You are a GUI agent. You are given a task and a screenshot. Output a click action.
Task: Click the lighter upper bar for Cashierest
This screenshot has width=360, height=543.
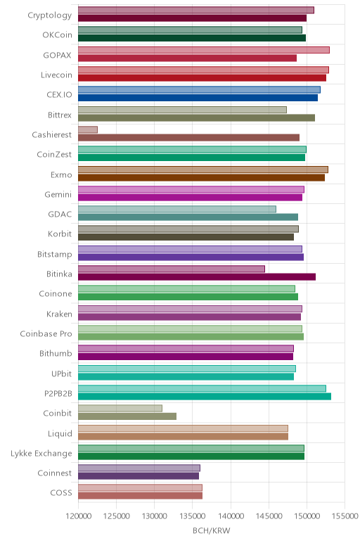88,129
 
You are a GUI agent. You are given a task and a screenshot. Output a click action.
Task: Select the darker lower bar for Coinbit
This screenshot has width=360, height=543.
127,416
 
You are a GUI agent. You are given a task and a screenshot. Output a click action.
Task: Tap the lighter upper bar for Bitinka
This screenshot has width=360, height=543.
172,269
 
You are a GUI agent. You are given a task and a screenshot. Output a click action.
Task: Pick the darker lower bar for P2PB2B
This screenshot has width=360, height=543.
205,397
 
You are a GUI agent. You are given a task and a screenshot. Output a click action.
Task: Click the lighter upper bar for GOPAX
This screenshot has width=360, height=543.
204,50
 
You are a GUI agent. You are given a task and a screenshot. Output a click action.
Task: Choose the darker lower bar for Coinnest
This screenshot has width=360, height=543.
139,476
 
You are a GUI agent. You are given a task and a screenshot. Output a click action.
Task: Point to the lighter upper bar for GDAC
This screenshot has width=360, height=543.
177,209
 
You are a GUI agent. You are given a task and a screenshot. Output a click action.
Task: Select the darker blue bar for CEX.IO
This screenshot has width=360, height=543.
198,98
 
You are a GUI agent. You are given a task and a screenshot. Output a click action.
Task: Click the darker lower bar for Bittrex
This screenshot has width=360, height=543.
197,117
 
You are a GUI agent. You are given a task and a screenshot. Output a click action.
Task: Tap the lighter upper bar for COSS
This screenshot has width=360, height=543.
140,488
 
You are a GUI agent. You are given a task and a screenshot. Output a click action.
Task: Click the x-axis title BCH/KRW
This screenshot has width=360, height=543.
211,530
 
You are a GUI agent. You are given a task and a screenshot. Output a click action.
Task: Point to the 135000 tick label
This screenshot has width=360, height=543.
193,516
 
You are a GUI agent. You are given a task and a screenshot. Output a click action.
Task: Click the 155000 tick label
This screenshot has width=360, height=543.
345,516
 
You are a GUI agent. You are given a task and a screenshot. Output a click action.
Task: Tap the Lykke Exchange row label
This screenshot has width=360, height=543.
41,453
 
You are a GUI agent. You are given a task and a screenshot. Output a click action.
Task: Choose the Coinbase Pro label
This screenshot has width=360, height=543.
46,334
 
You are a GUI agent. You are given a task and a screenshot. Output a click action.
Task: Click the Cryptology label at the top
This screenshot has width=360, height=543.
50,15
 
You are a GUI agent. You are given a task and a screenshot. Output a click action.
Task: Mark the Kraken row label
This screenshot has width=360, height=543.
59,314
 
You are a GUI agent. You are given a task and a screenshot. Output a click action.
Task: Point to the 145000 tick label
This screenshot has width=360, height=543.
269,516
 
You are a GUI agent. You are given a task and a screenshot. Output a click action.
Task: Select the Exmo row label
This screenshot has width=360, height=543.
61,175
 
